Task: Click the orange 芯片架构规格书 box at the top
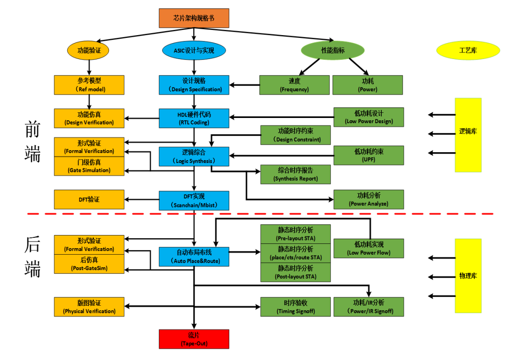click(x=194, y=18)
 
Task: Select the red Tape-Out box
click(x=194, y=339)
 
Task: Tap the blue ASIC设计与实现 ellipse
click(x=194, y=50)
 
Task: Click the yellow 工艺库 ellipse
click(x=468, y=50)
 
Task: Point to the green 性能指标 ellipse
click(x=333, y=50)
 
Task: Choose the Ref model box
click(x=89, y=85)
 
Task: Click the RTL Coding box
click(x=194, y=118)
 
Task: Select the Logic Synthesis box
click(x=194, y=156)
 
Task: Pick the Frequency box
click(x=294, y=85)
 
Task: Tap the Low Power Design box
click(x=369, y=117)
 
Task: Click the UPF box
click(x=369, y=155)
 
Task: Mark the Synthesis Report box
click(x=295, y=174)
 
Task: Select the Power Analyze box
click(x=369, y=199)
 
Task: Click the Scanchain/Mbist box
click(x=194, y=200)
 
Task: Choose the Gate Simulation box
click(x=89, y=166)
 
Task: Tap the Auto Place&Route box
click(x=194, y=257)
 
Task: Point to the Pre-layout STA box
click(x=295, y=234)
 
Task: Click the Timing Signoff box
click(x=295, y=307)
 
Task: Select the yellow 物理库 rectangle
click(x=468, y=276)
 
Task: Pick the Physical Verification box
click(x=89, y=307)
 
